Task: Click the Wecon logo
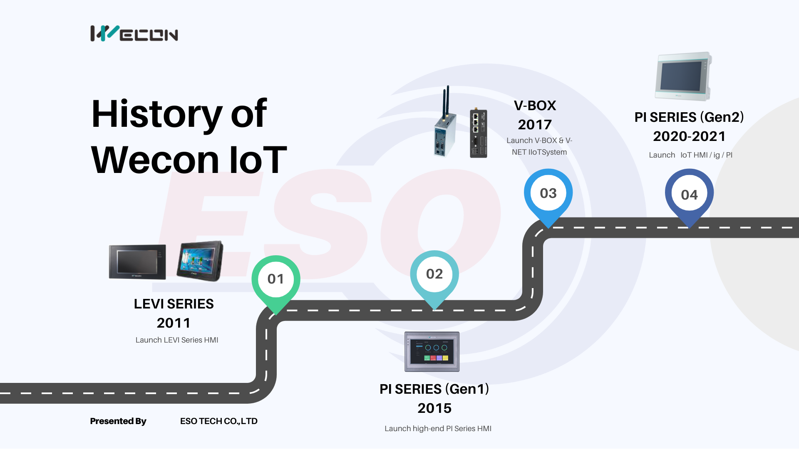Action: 134,33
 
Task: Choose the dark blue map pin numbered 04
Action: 689,198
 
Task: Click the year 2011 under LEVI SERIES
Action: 174,323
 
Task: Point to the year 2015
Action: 434,408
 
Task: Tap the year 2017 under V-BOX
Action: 535,125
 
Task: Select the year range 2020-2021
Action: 689,136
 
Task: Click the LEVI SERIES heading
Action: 174,304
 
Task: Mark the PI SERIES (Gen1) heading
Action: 434,389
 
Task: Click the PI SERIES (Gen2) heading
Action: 689,117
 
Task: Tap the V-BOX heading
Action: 535,106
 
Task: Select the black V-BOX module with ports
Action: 478,133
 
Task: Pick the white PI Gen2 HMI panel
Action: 683,76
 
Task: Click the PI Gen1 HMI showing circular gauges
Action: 432,352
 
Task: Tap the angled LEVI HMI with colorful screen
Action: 200,261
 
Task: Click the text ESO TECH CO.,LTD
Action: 219,421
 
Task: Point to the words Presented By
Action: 118,421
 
